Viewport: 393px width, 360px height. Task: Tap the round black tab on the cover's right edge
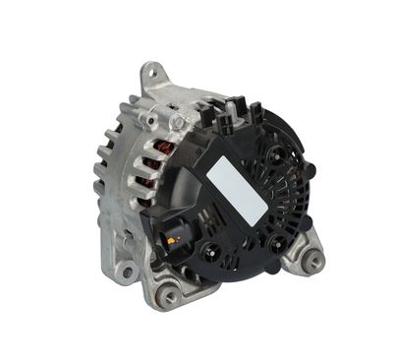click(x=309, y=169)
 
